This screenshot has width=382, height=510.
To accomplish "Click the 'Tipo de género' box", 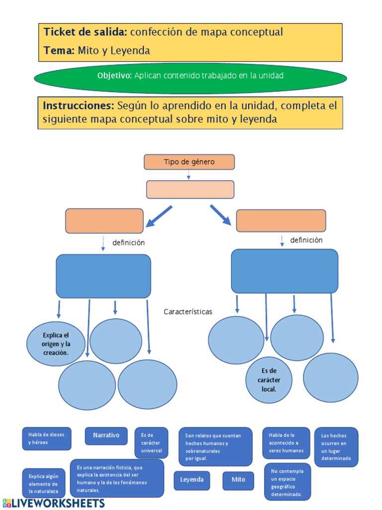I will (x=189, y=162).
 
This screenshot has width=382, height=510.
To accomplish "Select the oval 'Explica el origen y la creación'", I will (x=55, y=344).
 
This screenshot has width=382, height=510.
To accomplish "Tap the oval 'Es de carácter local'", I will (x=269, y=379).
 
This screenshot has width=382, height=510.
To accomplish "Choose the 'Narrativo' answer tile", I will (x=106, y=435).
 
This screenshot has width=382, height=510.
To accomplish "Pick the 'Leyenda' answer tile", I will (x=191, y=480).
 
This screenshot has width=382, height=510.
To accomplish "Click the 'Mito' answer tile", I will (x=238, y=480).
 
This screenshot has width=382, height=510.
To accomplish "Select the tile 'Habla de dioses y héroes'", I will (x=46, y=438).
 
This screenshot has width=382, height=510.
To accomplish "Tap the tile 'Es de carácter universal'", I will (x=151, y=443).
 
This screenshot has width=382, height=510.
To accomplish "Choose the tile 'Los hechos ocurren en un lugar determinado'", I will (x=336, y=447).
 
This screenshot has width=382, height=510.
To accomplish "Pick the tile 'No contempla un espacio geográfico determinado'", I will (x=287, y=482).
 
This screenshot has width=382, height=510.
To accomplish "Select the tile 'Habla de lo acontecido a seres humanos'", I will (x=286, y=443).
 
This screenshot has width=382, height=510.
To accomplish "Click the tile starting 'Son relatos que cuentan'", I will (x=215, y=446).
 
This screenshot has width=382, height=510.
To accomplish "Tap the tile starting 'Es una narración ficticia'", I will (x=117, y=478).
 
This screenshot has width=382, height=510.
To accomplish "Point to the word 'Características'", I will (x=188, y=312).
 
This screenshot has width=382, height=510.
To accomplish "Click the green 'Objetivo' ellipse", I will (x=191, y=76).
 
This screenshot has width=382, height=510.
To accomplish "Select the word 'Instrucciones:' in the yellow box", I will (x=79, y=106).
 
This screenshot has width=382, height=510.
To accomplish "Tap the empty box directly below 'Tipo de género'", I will (x=190, y=189).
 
